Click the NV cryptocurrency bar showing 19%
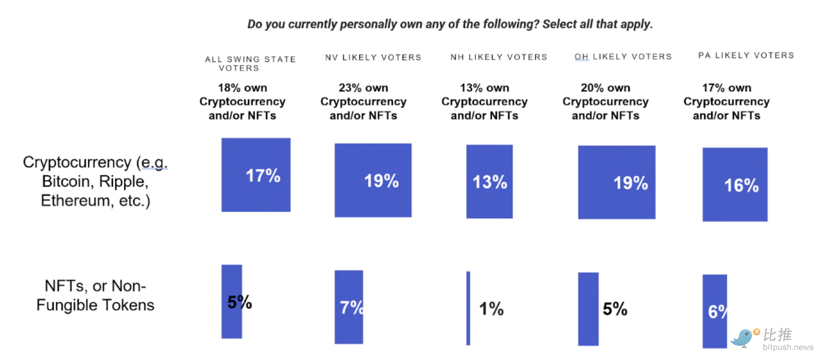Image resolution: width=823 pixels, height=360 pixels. point(373,180)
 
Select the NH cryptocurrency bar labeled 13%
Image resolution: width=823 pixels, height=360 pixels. point(489,181)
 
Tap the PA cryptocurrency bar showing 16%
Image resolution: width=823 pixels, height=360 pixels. point(735,184)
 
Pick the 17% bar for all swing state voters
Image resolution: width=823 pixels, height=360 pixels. point(256,175)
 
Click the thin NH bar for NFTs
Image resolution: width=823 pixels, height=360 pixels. point(468,308)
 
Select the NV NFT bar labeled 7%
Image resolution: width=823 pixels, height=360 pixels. point(348,307)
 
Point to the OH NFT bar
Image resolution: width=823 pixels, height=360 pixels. point(588,309)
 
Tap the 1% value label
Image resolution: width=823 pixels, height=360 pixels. point(491,309)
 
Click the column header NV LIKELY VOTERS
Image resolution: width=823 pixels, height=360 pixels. point(373,57)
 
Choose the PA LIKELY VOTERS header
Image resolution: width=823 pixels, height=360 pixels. point(746,56)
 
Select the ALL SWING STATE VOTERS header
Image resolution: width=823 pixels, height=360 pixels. point(250,64)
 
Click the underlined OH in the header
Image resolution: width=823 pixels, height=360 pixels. point(581,57)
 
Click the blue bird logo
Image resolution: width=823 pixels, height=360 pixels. point(743,338)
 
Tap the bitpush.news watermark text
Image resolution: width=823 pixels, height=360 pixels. point(788,347)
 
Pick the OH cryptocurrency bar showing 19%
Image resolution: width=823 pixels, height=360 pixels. point(617,182)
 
